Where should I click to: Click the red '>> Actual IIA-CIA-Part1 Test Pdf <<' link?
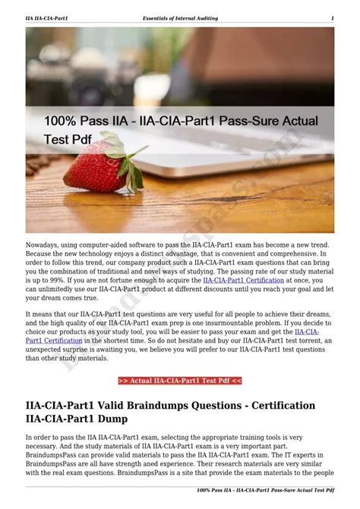(180, 381)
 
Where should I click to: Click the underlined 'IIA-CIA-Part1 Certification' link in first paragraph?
(243, 280)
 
